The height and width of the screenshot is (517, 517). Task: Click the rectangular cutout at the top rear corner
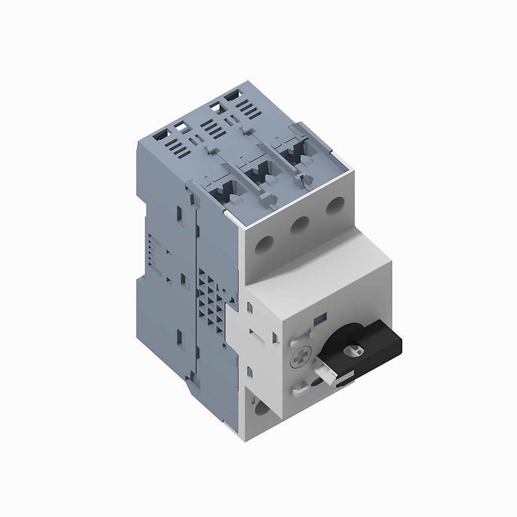pos(233,96)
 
